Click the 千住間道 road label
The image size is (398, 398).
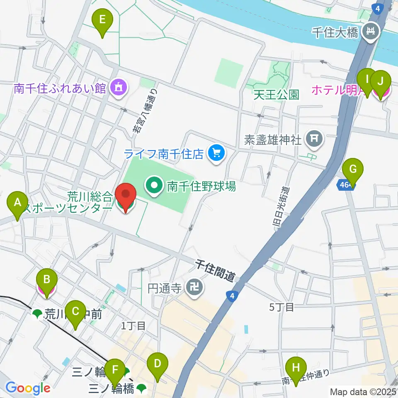coord(215,270)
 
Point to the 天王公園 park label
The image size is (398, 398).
coord(277,95)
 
